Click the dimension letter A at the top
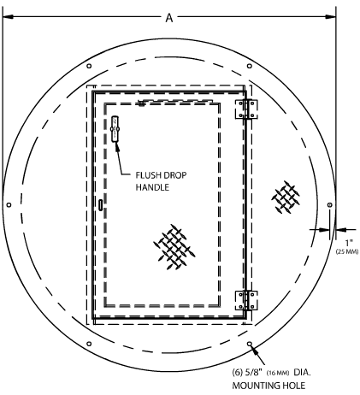[x=169, y=18]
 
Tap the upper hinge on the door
[x=246, y=109]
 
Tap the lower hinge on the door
[x=246, y=300]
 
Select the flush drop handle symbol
[x=115, y=129]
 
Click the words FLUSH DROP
[x=161, y=175]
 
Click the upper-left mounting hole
[x=89, y=66]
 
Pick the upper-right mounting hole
[x=250, y=66]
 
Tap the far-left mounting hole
[x=9, y=205]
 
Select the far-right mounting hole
[x=330, y=205]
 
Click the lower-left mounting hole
[x=89, y=344]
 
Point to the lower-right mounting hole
[x=250, y=344]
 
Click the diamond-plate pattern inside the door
[x=174, y=247]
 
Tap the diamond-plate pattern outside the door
[x=286, y=197]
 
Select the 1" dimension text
[x=349, y=243]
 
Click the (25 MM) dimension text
[x=347, y=251]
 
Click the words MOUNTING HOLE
[x=269, y=386]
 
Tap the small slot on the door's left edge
[x=101, y=205]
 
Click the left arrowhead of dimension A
[x=8, y=17]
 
